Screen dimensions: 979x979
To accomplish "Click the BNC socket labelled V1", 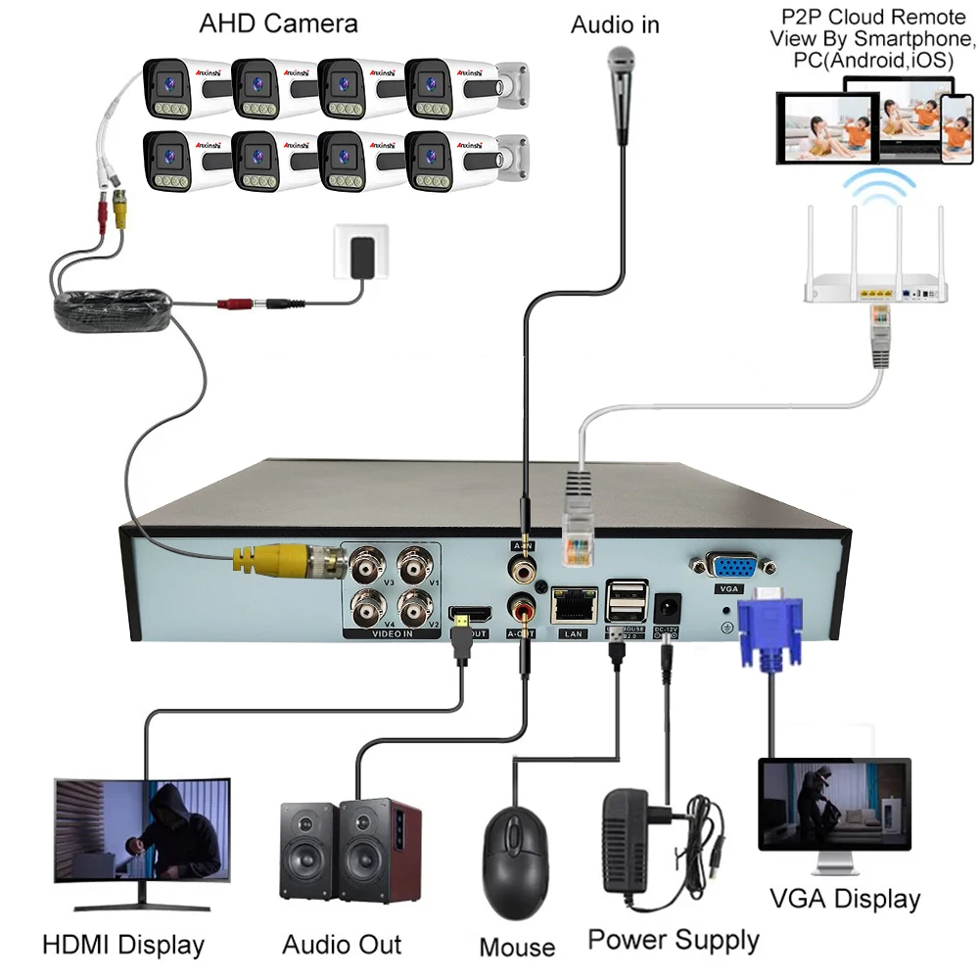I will click(416, 567).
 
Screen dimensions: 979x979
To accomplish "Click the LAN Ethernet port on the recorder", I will click(575, 604).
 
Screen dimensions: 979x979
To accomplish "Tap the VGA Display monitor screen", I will click(835, 807).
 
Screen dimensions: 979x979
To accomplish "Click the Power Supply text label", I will click(674, 940).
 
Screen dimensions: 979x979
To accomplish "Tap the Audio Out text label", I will click(342, 944).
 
